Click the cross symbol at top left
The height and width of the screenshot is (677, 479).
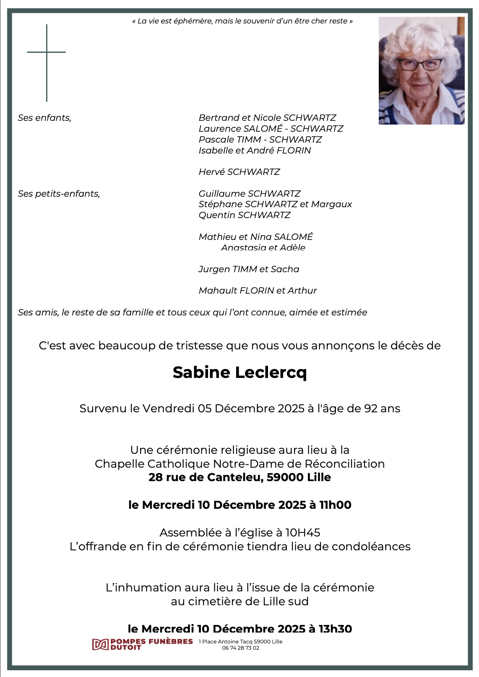(x=47, y=53)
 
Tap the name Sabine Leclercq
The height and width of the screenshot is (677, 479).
(x=239, y=372)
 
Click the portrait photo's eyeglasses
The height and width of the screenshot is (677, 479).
(x=419, y=65)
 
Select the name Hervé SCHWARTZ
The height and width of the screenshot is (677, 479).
(x=239, y=172)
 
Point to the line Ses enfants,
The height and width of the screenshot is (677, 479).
(x=44, y=118)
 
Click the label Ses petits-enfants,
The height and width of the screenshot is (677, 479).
(x=59, y=194)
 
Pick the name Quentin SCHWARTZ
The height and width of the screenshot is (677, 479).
(x=244, y=215)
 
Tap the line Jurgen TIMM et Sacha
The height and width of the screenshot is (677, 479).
(x=249, y=269)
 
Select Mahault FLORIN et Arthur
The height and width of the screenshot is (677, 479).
(x=258, y=291)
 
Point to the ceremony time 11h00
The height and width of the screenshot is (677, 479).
(x=335, y=505)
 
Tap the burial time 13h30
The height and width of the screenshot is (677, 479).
(x=335, y=629)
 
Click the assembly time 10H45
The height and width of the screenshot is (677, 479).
(x=302, y=533)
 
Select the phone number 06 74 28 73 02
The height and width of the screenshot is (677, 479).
(x=240, y=648)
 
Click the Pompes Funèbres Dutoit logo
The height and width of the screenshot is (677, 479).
(x=142, y=644)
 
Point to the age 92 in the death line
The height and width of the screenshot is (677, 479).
(x=371, y=409)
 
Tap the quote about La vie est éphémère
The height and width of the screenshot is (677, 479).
(x=242, y=21)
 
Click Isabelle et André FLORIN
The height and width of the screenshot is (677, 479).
(x=255, y=151)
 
